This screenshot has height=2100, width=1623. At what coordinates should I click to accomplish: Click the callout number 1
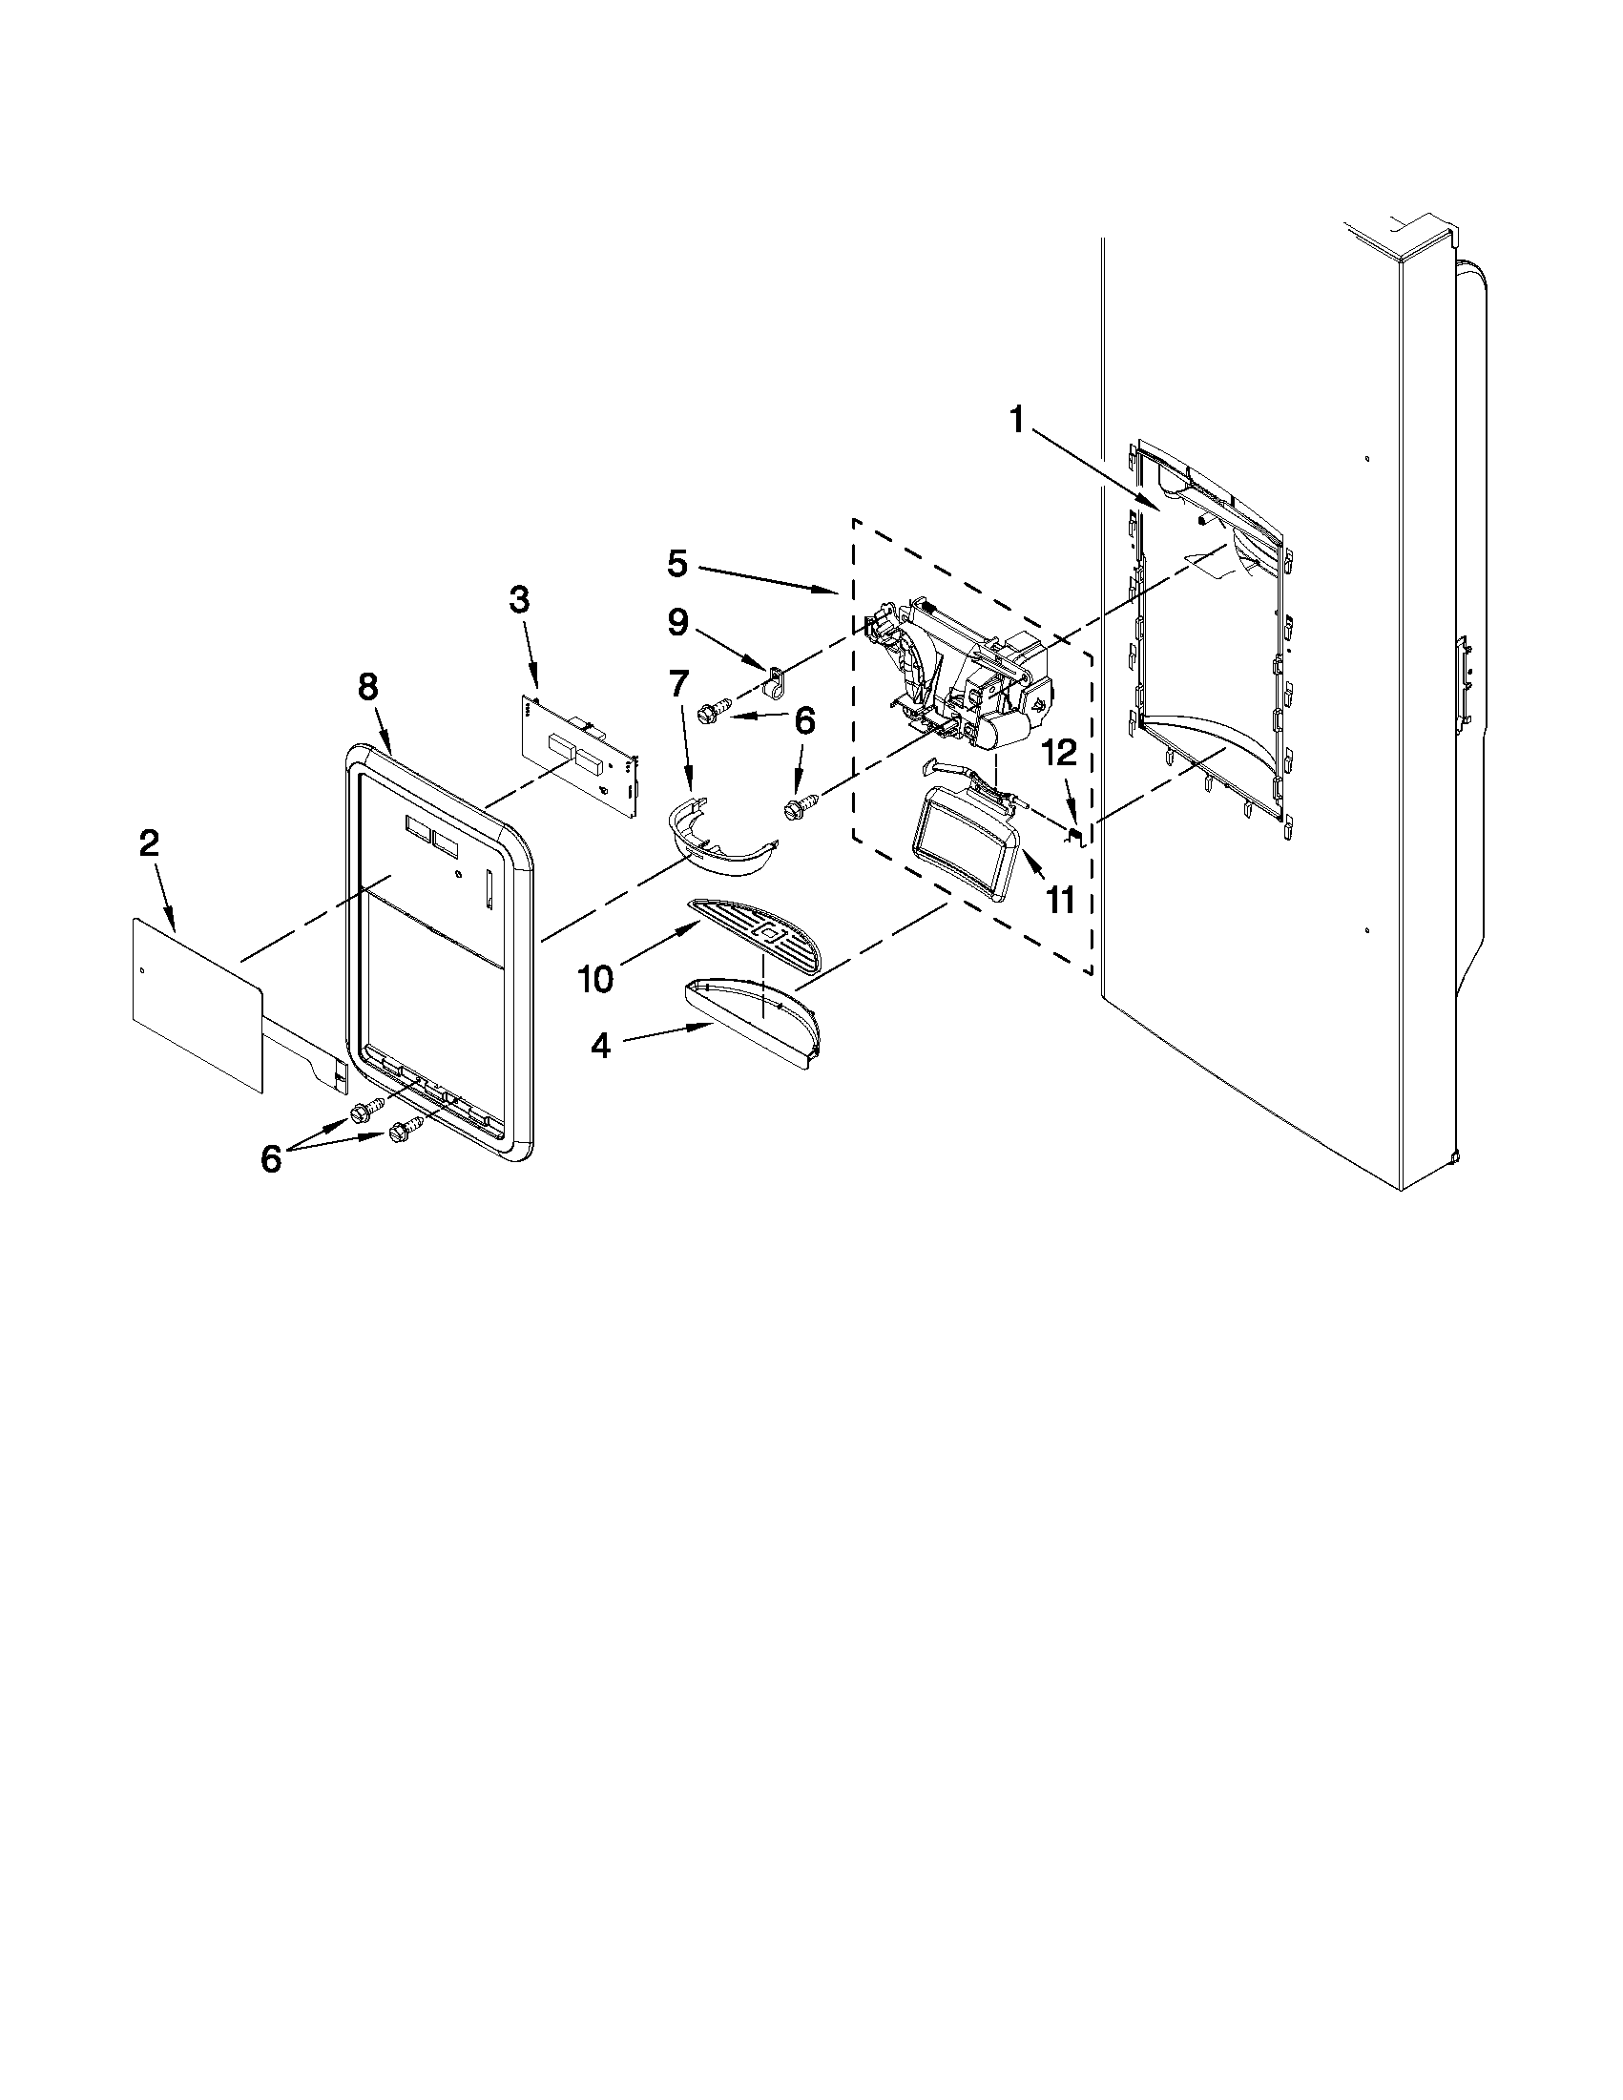point(1015,420)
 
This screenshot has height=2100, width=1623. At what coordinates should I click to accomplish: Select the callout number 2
point(149,843)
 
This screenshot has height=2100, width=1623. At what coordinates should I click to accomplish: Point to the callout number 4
point(600,1045)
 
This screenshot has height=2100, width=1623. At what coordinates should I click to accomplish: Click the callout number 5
point(677,564)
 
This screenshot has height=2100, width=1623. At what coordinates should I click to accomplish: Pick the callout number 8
point(368,687)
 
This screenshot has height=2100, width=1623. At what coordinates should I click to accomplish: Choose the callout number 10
point(595,979)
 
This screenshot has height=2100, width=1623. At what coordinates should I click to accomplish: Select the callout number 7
point(677,684)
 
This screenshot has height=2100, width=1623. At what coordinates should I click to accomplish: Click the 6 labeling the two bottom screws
point(271,1159)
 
